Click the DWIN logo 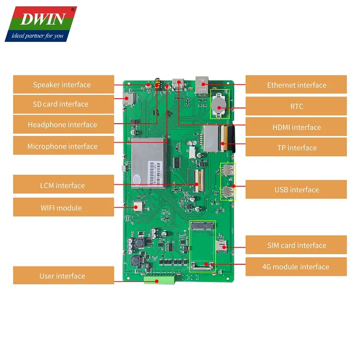(x=41, y=19)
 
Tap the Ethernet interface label (x=296, y=85)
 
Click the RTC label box (x=296, y=106)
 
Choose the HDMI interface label (x=296, y=127)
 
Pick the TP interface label (x=296, y=147)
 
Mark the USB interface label (x=296, y=190)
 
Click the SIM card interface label (x=296, y=245)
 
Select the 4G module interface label (x=296, y=267)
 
